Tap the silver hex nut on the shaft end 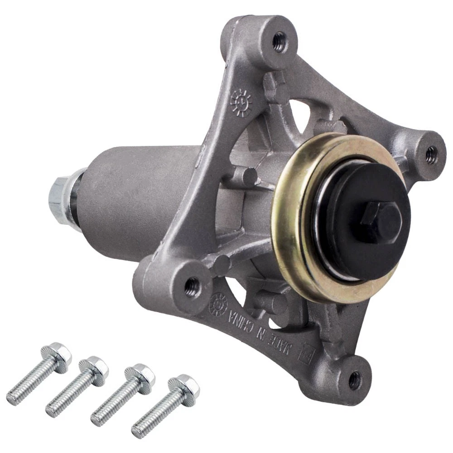(x=60, y=193)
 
